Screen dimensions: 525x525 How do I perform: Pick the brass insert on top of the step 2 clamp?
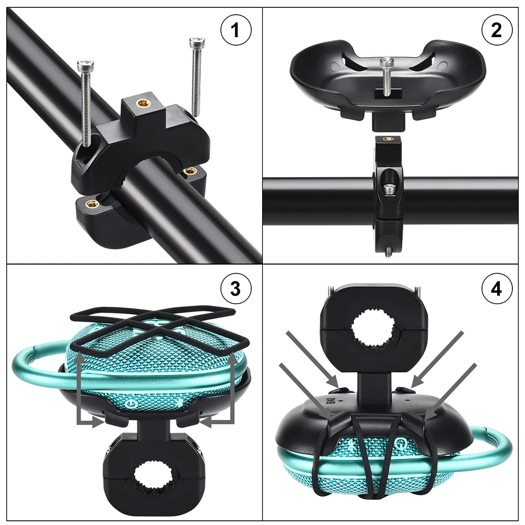coord(389,140)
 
